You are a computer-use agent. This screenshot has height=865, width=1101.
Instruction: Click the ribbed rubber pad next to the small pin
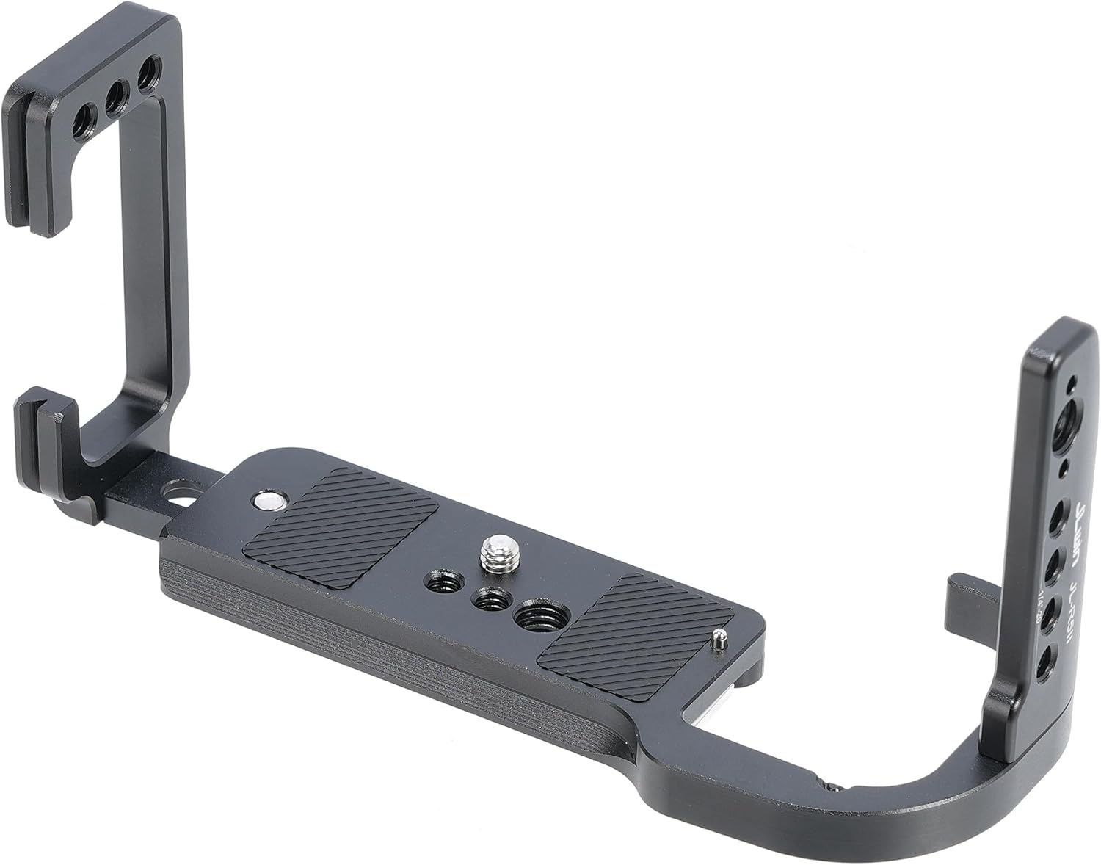636,636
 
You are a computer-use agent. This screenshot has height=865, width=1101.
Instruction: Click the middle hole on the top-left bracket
115,95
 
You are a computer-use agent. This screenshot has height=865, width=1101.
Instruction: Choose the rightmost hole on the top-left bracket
147,73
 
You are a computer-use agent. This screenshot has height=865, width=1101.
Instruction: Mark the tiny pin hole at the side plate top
1073,383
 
